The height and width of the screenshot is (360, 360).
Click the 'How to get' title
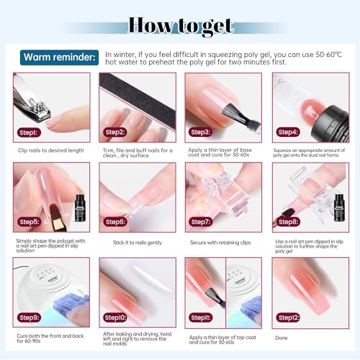click(180, 27)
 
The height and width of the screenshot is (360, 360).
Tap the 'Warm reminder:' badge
click(58, 57)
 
